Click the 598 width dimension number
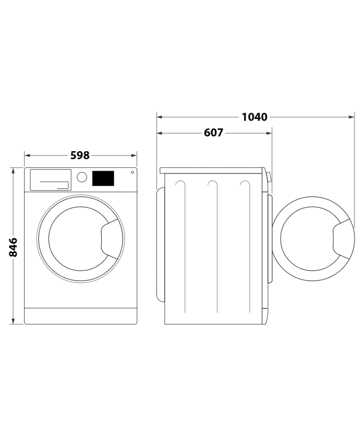point(80,155)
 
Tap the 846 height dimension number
point(13,247)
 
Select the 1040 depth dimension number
point(254,117)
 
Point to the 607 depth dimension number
point(213,133)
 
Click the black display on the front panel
point(103,178)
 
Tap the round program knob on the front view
point(81,177)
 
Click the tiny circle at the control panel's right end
point(132,172)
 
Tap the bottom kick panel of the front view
point(80,316)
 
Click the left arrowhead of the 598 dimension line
point(27,155)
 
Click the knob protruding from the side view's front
point(269,177)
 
